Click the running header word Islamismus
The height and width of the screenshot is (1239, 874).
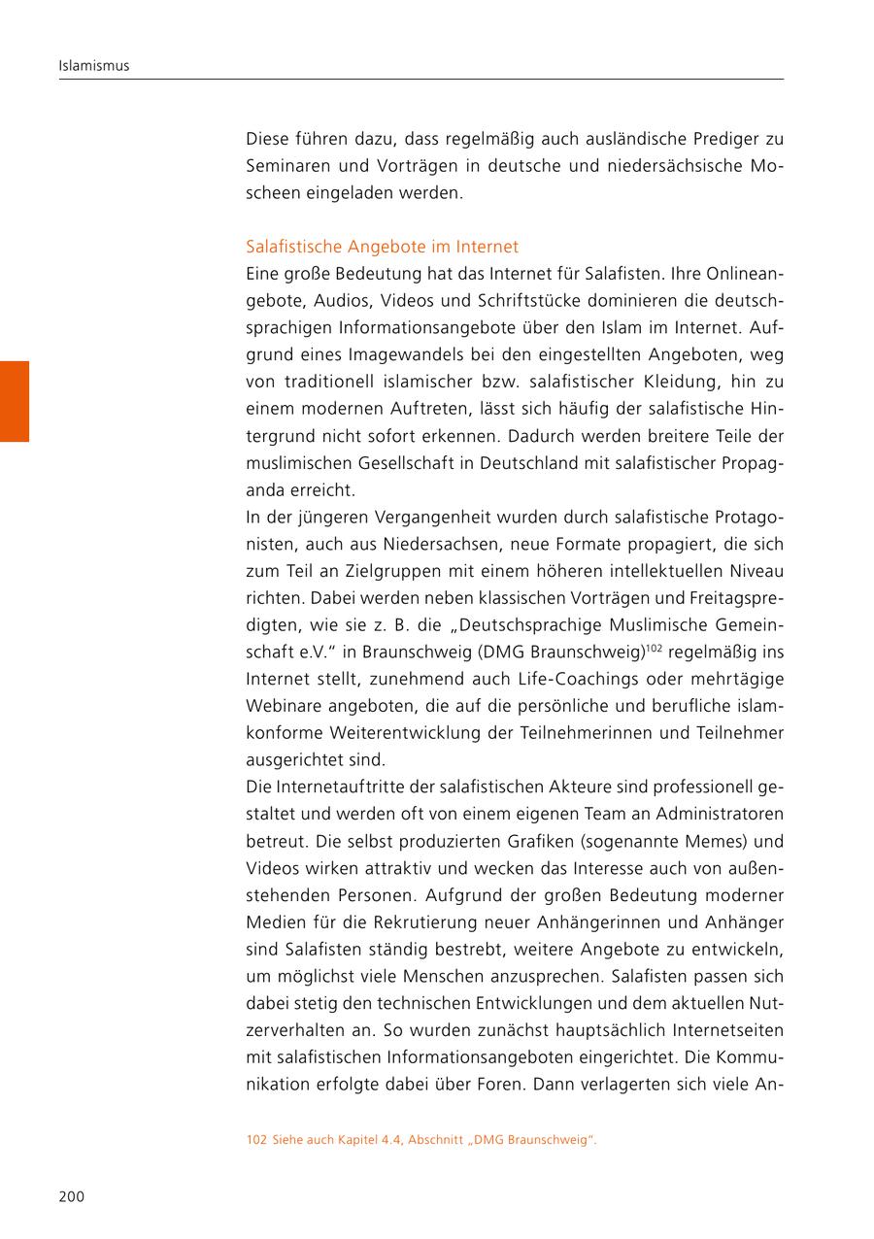[x=94, y=66]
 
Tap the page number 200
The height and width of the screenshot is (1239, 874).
[x=72, y=1196]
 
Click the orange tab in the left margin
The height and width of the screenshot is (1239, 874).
[x=15, y=401]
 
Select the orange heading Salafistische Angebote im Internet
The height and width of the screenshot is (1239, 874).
[x=383, y=247]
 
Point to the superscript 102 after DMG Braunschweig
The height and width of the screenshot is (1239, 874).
[x=654, y=646]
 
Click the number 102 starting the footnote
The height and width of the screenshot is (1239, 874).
[x=256, y=1140]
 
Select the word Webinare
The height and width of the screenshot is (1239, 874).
[x=281, y=705]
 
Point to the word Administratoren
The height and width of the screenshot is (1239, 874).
[x=720, y=814]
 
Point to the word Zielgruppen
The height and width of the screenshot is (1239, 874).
[x=357, y=571]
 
